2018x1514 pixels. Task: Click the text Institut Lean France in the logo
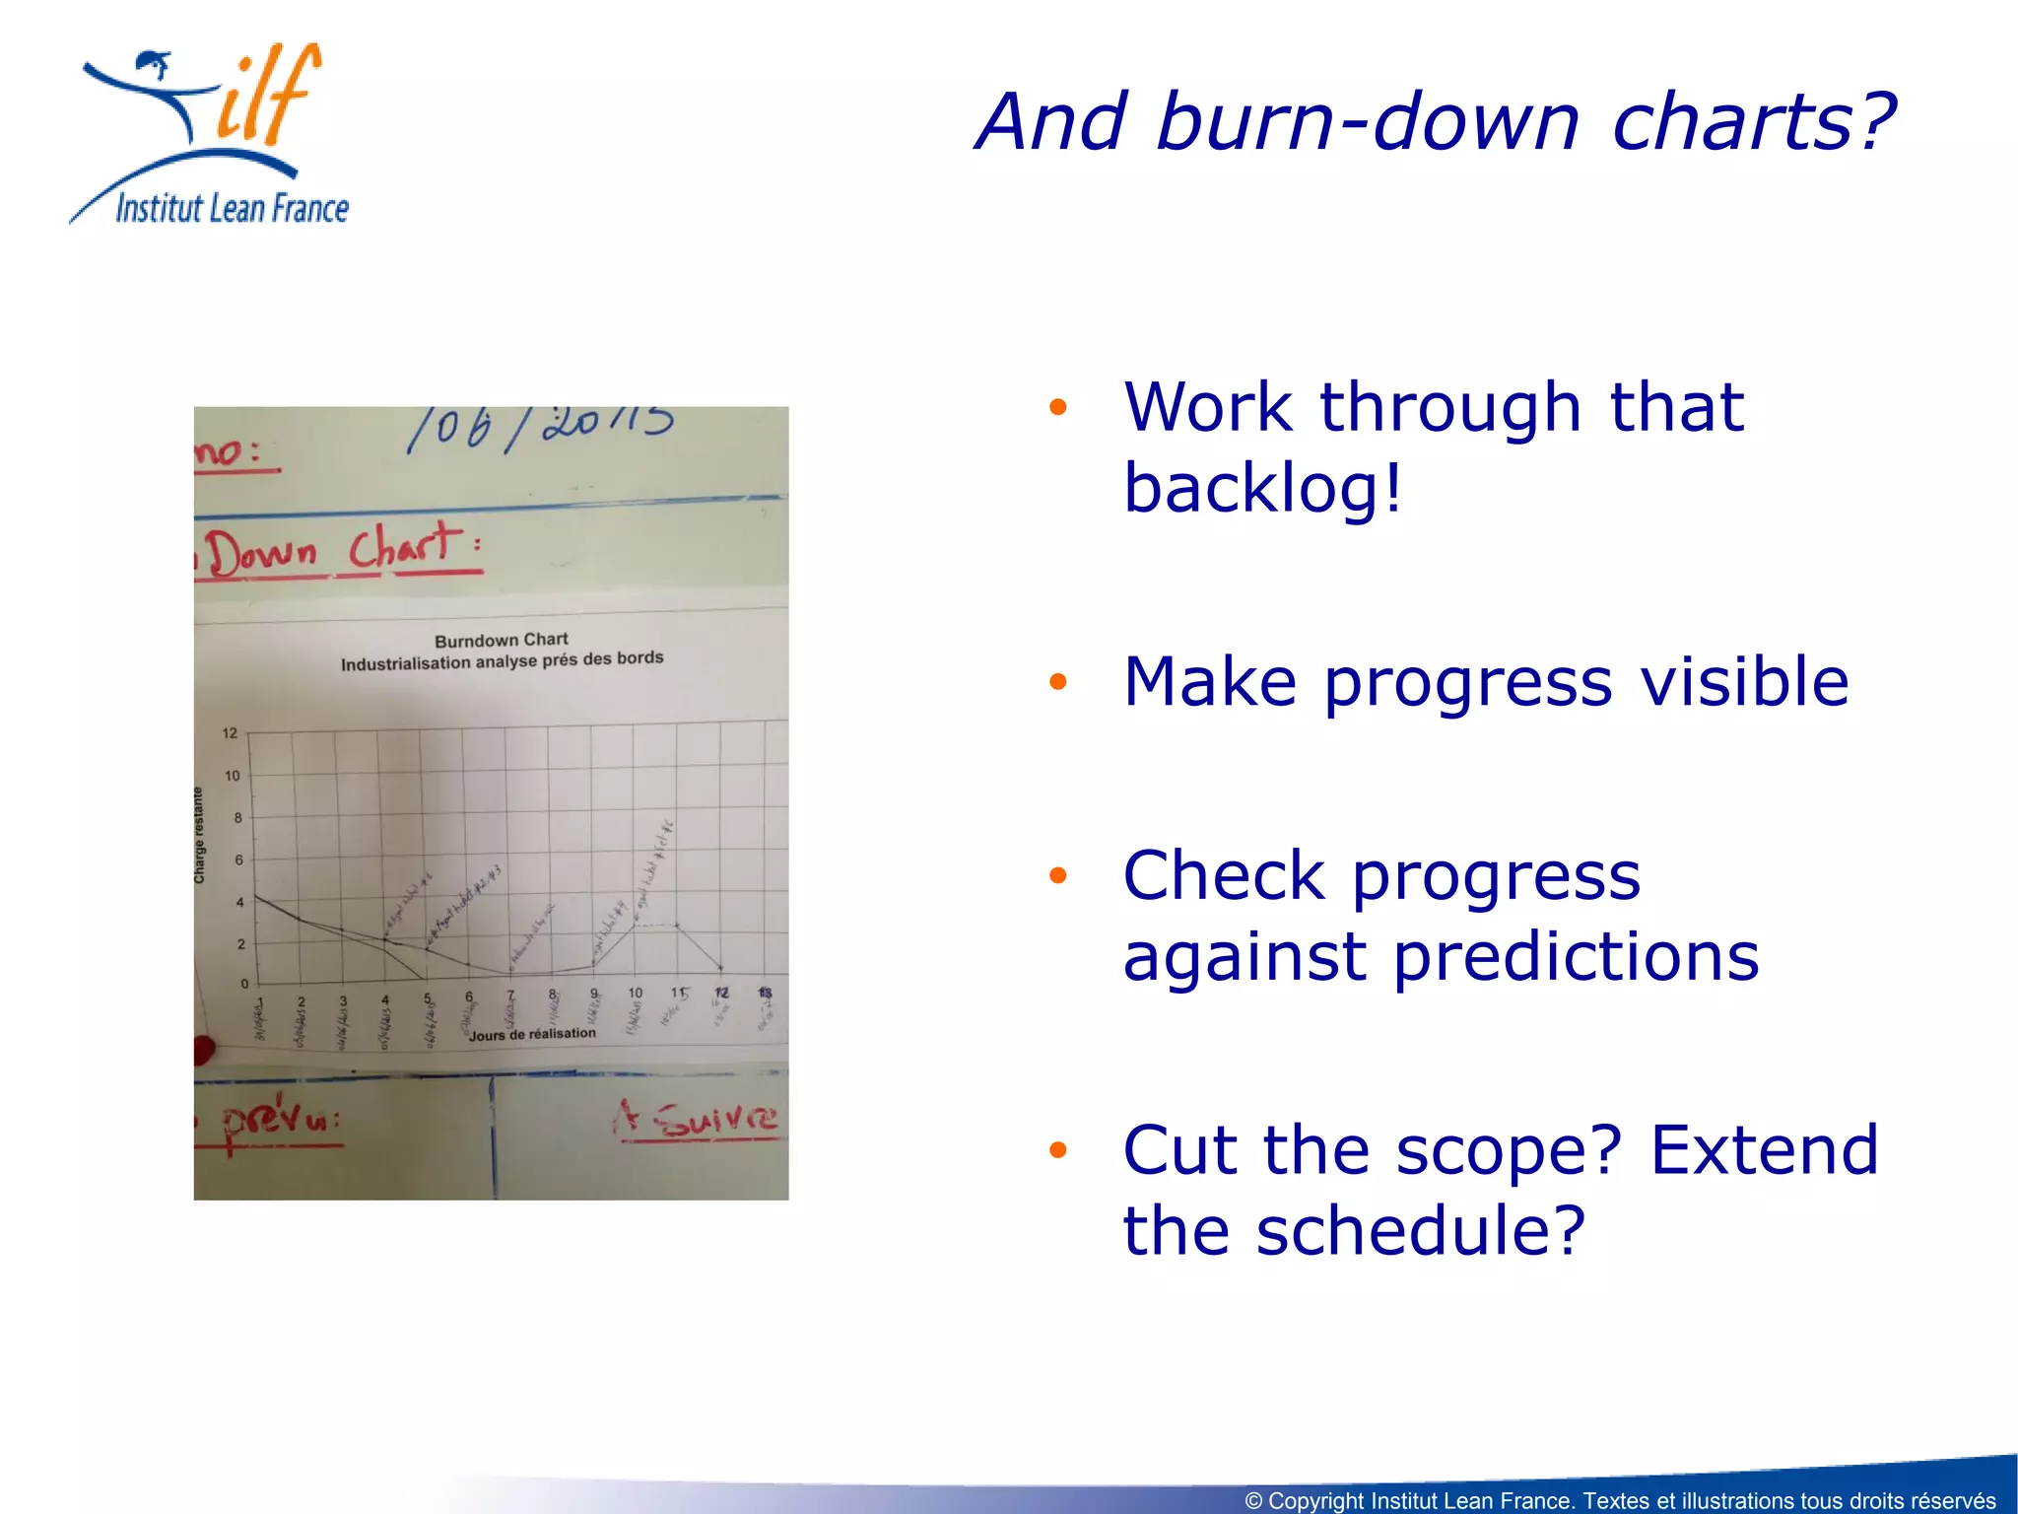(233, 208)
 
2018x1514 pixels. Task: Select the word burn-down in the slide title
(1368, 122)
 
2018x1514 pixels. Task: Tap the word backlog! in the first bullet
(1262, 488)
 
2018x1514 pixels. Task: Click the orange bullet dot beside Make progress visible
(1058, 682)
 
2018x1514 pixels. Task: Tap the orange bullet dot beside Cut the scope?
(1058, 1150)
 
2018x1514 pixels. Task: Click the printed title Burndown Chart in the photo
(501, 640)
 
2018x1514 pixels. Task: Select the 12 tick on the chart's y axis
(230, 733)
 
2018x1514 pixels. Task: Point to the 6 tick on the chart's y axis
(238, 860)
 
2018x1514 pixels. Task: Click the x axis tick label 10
(636, 994)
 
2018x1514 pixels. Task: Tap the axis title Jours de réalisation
(532, 1034)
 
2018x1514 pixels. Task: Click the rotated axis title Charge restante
(199, 835)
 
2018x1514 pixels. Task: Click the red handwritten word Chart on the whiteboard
(406, 547)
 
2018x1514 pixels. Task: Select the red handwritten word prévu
(280, 1121)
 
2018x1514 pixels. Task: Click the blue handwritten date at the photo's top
(541, 427)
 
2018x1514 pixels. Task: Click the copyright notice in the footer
(1619, 1500)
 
